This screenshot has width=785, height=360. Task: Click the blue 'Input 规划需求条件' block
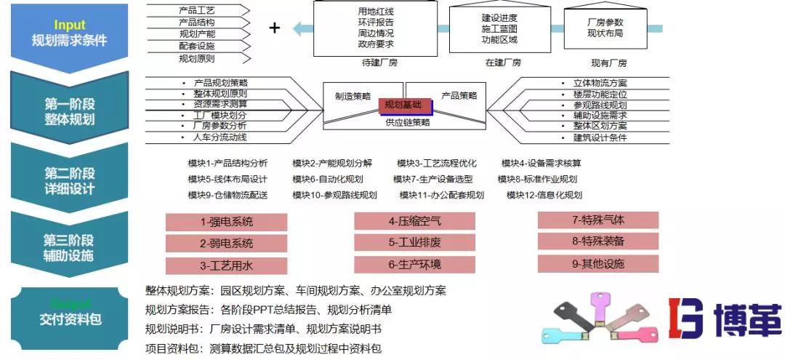(x=69, y=33)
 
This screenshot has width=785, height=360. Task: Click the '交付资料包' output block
(x=69, y=317)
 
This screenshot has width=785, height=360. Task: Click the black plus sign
(x=274, y=28)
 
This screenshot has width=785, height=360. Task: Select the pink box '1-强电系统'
(x=226, y=222)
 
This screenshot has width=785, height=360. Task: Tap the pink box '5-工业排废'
(x=414, y=242)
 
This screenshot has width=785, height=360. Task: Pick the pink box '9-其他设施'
(x=597, y=263)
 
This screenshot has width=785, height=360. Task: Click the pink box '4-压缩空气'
(x=414, y=221)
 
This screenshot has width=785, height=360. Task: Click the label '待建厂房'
(x=379, y=63)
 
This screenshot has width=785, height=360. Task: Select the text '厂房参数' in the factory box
(x=605, y=22)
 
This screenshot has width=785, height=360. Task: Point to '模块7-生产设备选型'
(x=433, y=179)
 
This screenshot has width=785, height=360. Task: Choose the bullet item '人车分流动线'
(x=220, y=137)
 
